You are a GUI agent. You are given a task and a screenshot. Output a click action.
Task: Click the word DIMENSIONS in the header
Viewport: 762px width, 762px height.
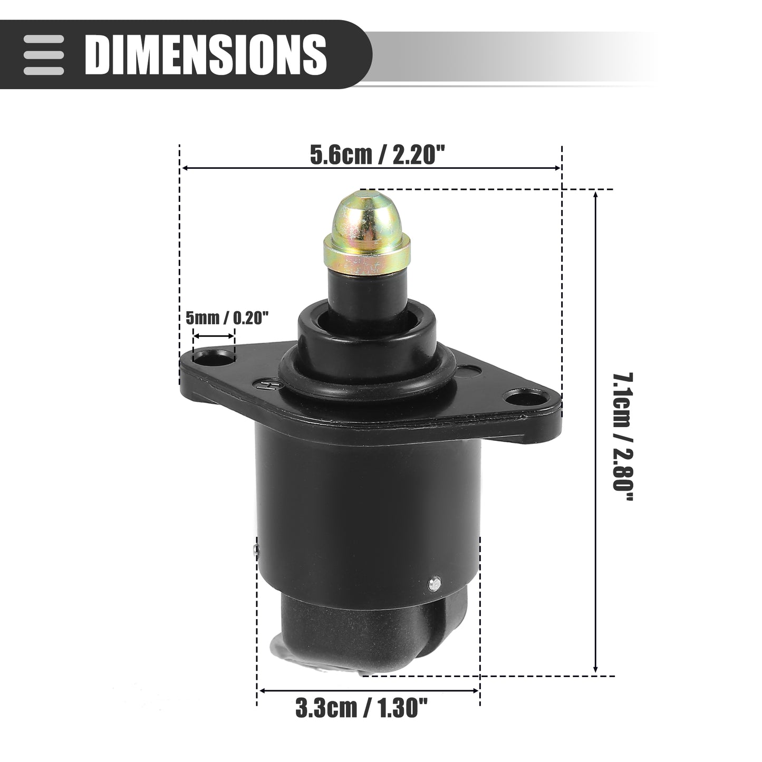[206, 54]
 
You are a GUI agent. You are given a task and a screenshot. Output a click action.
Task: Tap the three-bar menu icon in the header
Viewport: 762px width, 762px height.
[43, 54]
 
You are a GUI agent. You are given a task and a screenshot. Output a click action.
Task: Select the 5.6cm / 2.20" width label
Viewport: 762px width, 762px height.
[378, 155]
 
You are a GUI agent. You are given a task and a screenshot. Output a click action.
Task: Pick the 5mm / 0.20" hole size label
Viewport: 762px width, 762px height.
[227, 317]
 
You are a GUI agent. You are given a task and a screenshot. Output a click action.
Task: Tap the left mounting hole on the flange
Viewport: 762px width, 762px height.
[213, 358]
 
